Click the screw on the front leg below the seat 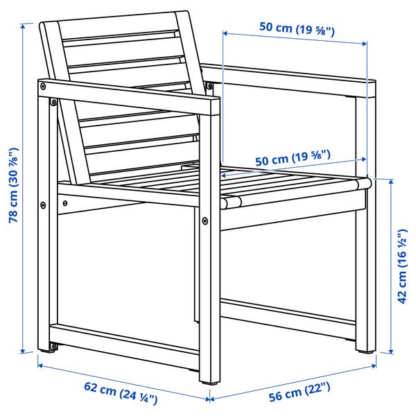[205, 221]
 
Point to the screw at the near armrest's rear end [44, 87]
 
